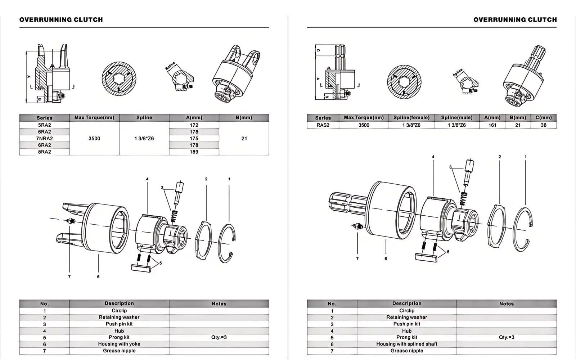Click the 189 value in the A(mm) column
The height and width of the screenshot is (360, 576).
194,152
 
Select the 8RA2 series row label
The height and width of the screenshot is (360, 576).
44,152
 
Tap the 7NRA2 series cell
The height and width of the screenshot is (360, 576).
44,139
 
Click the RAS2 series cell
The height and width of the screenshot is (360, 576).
323,125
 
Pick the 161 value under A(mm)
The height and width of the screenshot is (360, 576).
492,125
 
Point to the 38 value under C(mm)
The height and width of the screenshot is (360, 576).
543,125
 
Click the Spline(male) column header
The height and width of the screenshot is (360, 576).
456,118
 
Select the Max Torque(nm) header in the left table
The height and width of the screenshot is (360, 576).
94,118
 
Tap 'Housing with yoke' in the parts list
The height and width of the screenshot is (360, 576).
119,344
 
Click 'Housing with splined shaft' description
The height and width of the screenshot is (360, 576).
407,344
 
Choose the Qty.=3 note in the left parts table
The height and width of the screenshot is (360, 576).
219,338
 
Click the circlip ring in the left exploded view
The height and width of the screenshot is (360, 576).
227,245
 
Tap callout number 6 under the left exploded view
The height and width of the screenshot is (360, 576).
98,277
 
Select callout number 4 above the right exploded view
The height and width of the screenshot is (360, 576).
433,157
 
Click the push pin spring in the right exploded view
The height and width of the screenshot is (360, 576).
464,198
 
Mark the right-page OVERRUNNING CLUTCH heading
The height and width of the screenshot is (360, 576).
515,20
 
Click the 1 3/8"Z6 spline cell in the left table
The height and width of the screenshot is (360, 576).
144,139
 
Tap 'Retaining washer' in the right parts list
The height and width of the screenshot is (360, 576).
407,318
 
